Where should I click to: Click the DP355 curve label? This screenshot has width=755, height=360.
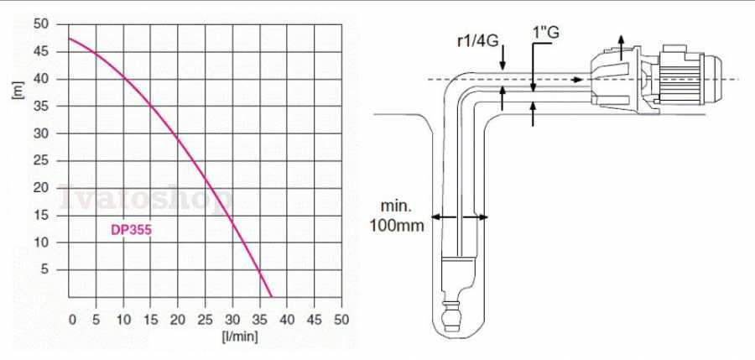131,230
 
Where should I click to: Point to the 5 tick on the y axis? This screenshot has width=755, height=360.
44,269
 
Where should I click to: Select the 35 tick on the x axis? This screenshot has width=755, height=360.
260,319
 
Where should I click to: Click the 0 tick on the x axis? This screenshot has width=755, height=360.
73,319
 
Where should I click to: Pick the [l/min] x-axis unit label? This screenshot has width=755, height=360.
240,336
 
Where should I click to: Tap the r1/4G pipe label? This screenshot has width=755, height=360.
477,41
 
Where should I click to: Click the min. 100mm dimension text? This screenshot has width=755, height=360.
397,216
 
